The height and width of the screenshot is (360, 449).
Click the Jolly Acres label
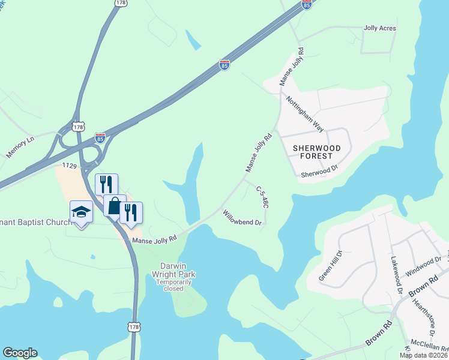click(x=379, y=28)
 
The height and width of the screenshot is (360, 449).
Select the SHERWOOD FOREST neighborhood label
click(x=316, y=152)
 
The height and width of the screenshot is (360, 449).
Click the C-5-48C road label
click(x=262, y=197)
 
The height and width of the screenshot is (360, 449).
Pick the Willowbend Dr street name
click(x=242, y=218)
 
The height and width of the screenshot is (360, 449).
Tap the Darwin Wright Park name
click(x=178, y=271)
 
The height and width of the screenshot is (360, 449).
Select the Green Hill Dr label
click(x=330, y=265)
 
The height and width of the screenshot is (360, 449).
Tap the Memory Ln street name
click(x=21, y=148)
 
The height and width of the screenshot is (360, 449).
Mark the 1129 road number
click(x=70, y=164)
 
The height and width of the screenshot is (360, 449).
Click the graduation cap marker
click(x=81, y=212)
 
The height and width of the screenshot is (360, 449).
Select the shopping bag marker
click(x=114, y=206)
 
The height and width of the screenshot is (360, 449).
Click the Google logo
click(x=20, y=353)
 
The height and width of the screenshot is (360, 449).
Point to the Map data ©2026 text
click(x=423, y=355)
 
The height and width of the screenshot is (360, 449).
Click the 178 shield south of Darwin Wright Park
click(x=133, y=326)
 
